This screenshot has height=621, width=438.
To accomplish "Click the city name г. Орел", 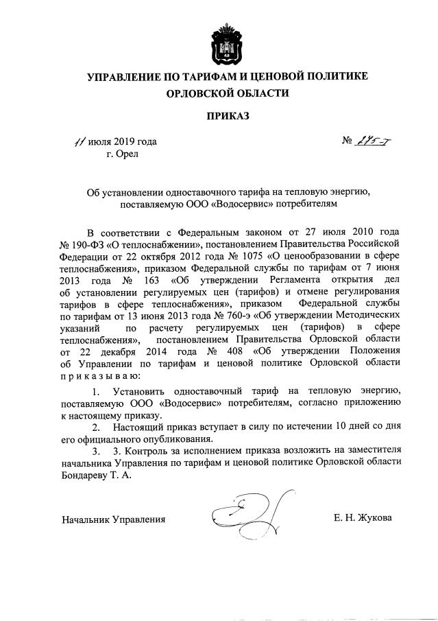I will tap(122, 154).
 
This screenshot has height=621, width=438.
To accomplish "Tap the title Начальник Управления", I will tap(113, 519).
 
